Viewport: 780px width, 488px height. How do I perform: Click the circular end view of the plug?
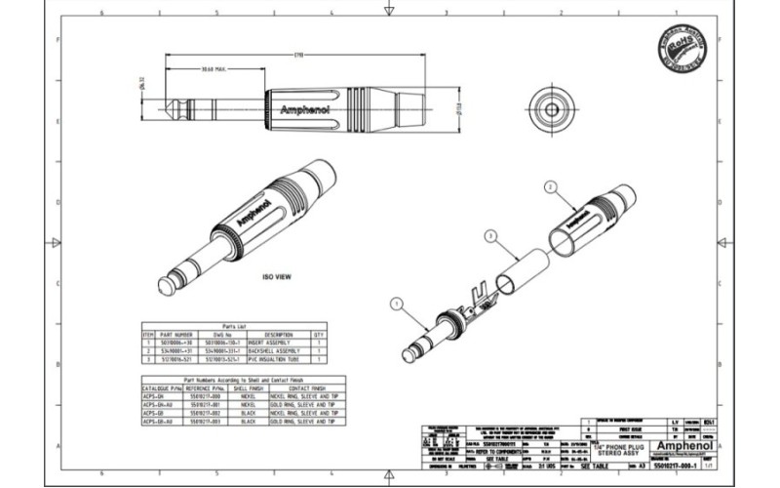click(x=553, y=104)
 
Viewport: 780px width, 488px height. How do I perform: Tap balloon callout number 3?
click(x=491, y=234)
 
